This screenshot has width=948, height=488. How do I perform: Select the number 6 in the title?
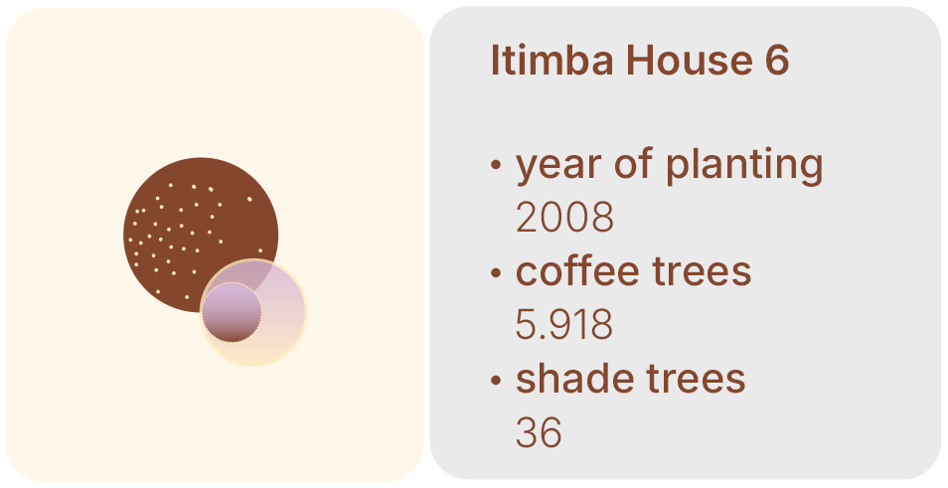click(x=777, y=60)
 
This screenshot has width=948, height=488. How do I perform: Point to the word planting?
click(x=744, y=164)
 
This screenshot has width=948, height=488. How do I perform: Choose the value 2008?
click(x=564, y=217)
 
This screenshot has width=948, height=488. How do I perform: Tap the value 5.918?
click(x=564, y=324)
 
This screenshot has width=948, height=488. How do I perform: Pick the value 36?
click(x=539, y=432)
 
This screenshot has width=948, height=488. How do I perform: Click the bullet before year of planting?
click(x=496, y=164)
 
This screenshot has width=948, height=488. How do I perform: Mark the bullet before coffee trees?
click(x=496, y=272)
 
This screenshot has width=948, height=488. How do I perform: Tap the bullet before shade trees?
click(x=496, y=381)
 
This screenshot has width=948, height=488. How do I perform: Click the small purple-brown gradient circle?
click(x=232, y=312)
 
